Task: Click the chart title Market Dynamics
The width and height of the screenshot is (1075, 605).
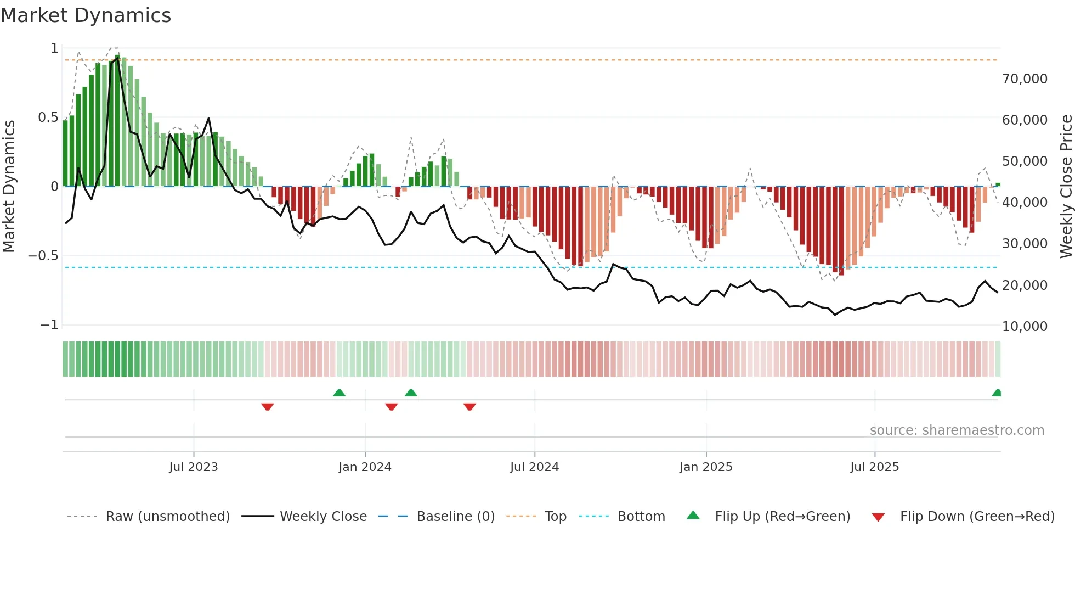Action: pyautogui.click(x=86, y=15)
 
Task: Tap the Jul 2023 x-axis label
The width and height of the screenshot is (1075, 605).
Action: pyautogui.click(x=193, y=467)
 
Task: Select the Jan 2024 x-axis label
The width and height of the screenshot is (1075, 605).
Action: pyautogui.click(x=365, y=467)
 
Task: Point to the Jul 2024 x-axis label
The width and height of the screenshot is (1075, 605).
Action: pyautogui.click(x=534, y=467)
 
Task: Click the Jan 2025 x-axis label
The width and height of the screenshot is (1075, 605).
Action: pyautogui.click(x=706, y=467)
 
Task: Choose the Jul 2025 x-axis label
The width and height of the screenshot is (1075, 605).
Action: pyautogui.click(x=874, y=467)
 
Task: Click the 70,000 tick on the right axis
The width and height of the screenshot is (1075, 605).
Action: pyautogui.click(x=1025, y=79)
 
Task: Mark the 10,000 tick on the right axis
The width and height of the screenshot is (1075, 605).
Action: pyautogui.click(x=1025, y=327)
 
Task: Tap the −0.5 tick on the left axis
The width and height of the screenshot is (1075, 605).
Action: pyautogui.click(x=43, y=256)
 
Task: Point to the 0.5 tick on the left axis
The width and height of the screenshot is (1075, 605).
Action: pyautogui.click(x=48, y=117)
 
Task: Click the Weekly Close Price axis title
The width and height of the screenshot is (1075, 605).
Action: pyautogui.click(x=1066, y=186)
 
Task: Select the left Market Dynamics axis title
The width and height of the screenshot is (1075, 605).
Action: pyautogui.click(x=9, y=186)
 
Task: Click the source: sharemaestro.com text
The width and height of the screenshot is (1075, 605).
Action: pyautogui.click(x=957, y=430)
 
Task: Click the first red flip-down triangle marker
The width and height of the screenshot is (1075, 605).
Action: pyautogui.click(x=268, y=407)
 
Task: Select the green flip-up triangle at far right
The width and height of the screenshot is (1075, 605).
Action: pyautogui.click(x=997, y=393)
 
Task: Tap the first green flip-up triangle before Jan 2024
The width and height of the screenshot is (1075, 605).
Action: pyautogui.click(x=339, y=393)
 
